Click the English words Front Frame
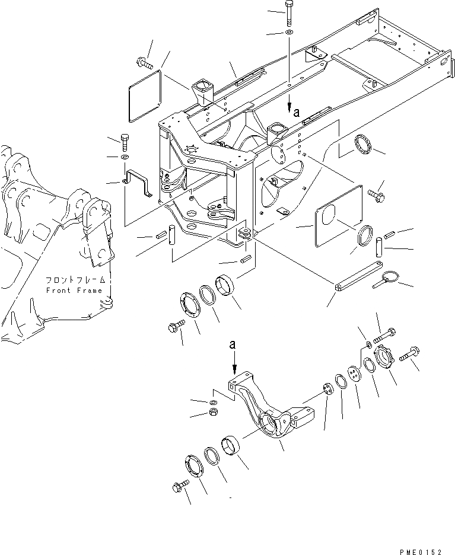74,291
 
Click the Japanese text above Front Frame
77,279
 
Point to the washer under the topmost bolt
288,31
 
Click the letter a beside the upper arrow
297,110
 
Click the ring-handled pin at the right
384,279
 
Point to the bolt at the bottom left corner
177,487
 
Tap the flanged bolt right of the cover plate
376,193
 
